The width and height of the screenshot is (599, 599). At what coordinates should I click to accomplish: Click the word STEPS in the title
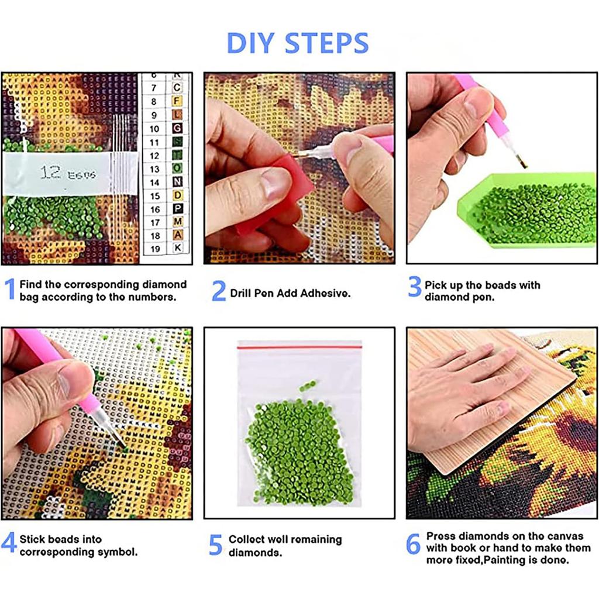click(327, 43)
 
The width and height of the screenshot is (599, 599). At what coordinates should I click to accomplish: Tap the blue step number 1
click(9, 290)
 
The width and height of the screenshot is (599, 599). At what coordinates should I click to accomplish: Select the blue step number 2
click(218, 291)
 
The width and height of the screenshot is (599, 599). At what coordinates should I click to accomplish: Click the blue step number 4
click(9, 543)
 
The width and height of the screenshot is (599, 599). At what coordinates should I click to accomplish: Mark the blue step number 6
click(414, 544)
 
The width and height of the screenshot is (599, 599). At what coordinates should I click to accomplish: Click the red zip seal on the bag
click(299, 347)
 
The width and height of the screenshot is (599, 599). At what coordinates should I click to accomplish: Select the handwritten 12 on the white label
click(51, 173)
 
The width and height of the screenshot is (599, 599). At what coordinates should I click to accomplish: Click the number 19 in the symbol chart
click(154, 248)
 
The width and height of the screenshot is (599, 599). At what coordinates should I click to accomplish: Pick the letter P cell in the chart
click(177, 209)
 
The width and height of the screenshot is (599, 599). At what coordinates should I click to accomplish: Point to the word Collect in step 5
click(246, 539)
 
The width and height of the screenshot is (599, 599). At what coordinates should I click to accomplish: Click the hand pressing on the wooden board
click(462, 392)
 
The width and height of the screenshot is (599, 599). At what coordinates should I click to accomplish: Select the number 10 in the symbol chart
click(154, 129)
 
